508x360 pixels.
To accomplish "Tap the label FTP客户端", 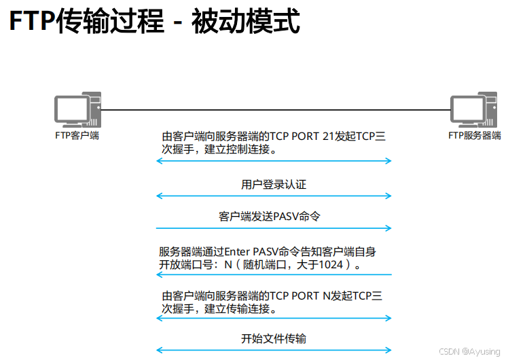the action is [77, 135].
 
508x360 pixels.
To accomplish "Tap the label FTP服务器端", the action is [474, 135].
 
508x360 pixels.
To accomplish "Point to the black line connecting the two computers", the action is [272, 110].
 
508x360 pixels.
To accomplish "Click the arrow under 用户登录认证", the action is [274, 196].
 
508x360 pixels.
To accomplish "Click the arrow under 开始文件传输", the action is [274, 350].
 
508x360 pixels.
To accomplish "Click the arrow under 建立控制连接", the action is [274, 161].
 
